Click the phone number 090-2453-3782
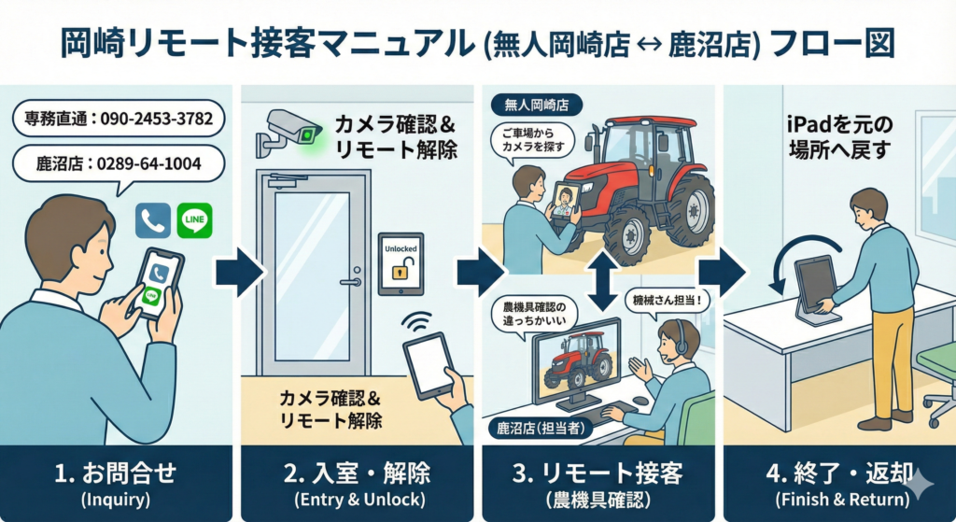pos(148,119)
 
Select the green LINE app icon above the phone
pos(194,220)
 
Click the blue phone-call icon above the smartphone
pos(152,220)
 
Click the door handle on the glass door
pos(350,281)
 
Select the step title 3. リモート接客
pos(597,473)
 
